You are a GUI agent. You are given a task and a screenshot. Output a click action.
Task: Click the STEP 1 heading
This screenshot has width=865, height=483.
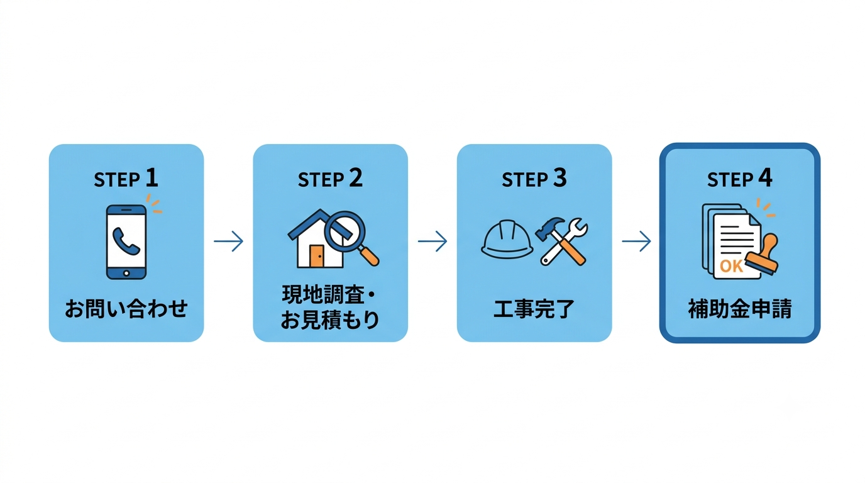tap(126, 179)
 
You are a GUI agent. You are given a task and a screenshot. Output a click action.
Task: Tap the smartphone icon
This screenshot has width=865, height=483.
tap(126, 242)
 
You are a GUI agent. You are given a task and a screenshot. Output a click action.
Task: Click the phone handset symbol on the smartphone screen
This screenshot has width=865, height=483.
tap(126, 241)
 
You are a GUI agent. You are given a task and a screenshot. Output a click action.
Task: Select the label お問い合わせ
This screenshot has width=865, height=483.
tap(126, 308)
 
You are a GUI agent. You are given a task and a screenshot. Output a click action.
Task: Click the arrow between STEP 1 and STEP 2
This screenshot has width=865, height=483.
tap(229, 241)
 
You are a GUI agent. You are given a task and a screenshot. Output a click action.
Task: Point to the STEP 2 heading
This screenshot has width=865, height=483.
tap(330, 179)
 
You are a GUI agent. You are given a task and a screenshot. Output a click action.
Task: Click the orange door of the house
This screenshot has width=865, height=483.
tap(317, 256)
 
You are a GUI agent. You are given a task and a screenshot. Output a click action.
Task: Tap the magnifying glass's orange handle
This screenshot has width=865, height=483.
tap(369, 256)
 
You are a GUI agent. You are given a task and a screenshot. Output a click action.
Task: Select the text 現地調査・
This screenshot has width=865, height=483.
tap(329, 295)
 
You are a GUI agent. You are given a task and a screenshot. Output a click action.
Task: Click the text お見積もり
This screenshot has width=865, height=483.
tap(330, 320)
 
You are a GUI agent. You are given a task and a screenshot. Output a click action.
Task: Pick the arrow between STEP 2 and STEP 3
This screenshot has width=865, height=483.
tap(432, 241)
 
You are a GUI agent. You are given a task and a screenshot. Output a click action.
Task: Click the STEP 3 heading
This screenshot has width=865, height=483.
tap(534, 179)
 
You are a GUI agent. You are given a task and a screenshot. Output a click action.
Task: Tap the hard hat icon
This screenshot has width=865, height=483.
tap(507, 239)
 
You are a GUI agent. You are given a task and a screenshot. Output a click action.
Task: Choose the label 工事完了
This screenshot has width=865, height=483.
tap(534, 308)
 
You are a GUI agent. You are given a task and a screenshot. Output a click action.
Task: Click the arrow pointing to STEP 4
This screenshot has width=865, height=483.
tap(636, 241)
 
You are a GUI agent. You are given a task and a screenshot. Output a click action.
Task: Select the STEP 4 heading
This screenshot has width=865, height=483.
tap(739, 179)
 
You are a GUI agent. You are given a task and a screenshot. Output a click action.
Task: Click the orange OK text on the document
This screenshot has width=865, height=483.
tap(731, 266)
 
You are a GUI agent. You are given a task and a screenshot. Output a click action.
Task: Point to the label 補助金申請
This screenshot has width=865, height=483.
tap(740, 308)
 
